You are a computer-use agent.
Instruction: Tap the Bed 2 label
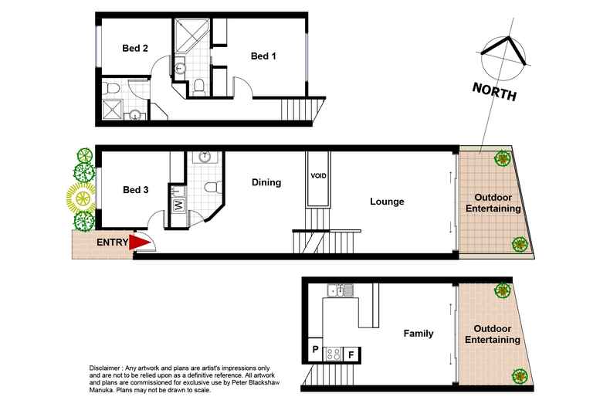click(135, 48)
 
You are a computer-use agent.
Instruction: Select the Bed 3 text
click(135, 189)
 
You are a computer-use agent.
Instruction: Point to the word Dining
click(266, 183)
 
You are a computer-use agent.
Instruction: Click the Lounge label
click(388, 202)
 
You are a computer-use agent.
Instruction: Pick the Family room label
click(418, 334)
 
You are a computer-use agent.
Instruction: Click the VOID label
click(319, 175)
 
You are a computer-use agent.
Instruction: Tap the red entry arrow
click(140, 243)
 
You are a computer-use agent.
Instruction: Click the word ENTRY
click(112, 243)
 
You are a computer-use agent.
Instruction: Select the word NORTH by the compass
click(494, 92)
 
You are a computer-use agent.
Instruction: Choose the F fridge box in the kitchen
click(351, 354)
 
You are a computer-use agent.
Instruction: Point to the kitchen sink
click(339, 291)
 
